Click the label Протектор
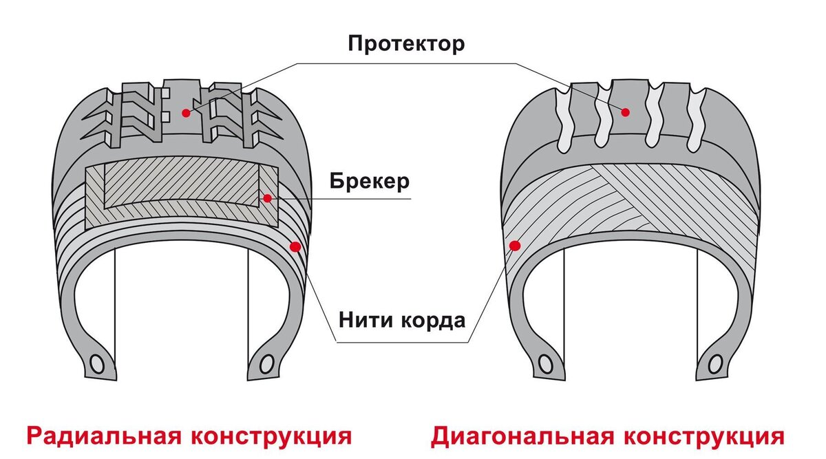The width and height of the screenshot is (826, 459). click(406, 44)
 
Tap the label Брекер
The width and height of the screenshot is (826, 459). click(369, 182)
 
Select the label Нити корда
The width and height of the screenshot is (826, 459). click(402, 320)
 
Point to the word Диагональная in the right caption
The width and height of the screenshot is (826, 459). click(522, 436)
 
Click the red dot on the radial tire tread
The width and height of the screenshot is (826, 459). click(185, 112)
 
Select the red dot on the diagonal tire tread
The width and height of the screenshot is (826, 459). click(625, 112)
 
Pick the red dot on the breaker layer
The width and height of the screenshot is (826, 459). click(266, 198)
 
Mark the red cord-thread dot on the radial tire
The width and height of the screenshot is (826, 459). click(295, 246)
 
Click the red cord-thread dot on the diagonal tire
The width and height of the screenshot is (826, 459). click(513, 245)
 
